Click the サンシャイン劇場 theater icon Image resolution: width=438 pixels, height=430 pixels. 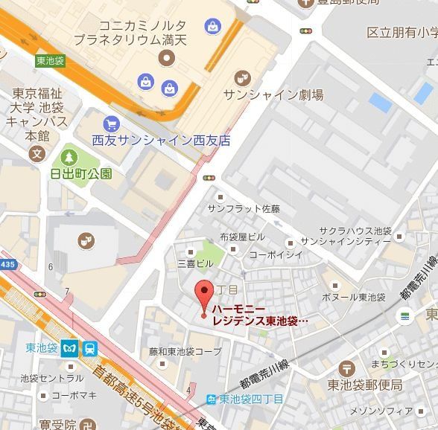coord(242,77)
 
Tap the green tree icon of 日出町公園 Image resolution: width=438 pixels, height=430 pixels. coord(69,157)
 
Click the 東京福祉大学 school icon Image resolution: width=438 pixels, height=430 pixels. coord(36,154)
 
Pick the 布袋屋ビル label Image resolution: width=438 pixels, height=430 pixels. coord(241,237)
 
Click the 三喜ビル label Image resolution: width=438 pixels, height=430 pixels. coord(194,263)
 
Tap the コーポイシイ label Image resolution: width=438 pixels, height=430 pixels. coord(276,254)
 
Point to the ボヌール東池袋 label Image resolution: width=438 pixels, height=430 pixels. coord(354,297)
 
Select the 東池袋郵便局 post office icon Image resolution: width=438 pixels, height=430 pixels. coord(346,368)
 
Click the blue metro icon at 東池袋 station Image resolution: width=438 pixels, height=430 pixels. coord(70,347)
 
